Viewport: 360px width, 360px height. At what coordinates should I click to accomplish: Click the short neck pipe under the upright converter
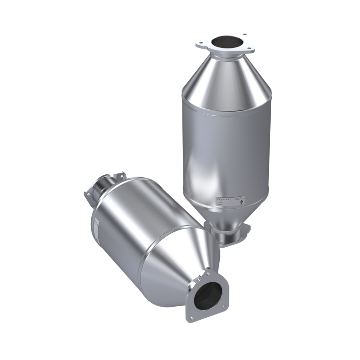click(x=229, y=236)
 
